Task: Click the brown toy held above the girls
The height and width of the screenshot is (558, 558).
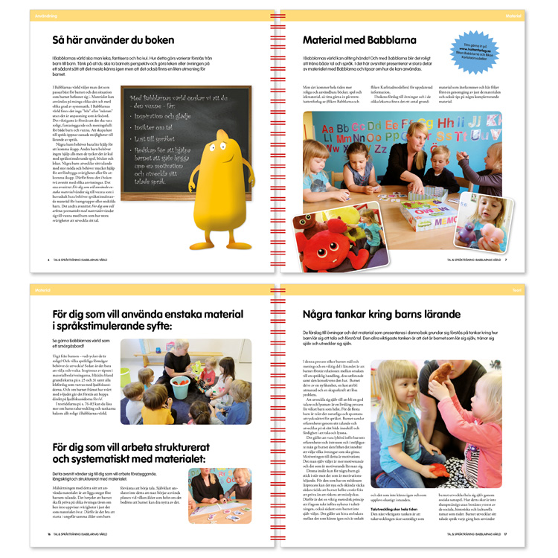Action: pos(445,373)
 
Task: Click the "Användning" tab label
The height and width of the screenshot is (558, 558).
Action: pos(42,14)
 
